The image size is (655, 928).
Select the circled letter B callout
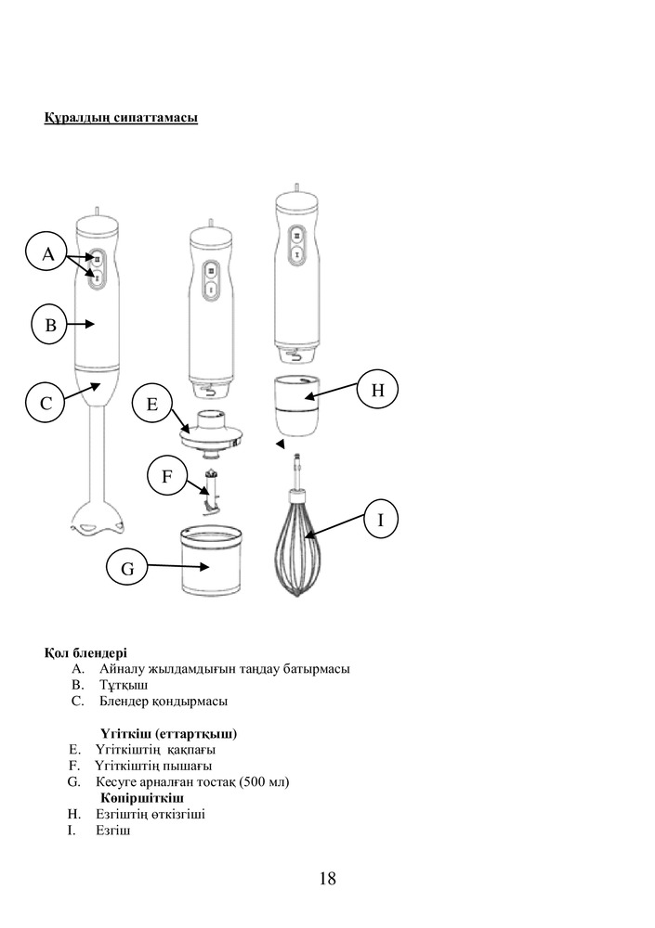point(51,324)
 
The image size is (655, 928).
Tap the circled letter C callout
point(46,403)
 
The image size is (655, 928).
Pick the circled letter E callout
point(151,404)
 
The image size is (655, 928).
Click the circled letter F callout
point(166,476)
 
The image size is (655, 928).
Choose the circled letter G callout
point(127,568)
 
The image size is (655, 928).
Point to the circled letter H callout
point(377,390)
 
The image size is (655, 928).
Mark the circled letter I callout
point(380,519)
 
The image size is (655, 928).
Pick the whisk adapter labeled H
point(297,406)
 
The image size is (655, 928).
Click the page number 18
point(327,878)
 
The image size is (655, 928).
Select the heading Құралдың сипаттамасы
point(121,117)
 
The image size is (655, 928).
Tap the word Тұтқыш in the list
point(124,686)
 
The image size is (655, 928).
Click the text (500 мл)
point(264,781)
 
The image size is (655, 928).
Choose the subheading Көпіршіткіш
point(142,798)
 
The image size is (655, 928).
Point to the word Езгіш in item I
point(113,831)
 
